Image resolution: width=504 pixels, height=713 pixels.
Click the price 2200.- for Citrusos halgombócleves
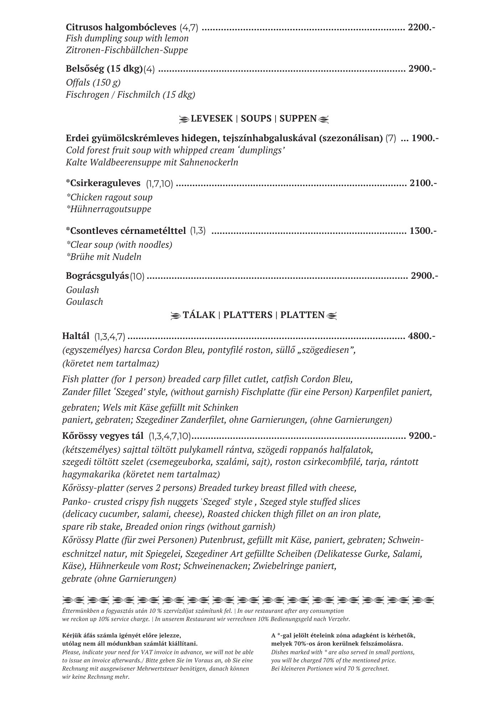point(422,27)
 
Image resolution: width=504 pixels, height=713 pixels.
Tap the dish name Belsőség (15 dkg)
point(104,68)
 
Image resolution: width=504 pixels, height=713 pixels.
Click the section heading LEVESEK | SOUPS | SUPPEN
point(253,118)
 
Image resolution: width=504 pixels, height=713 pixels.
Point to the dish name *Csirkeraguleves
point(103,183)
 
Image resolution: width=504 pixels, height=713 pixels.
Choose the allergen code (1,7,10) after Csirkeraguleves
point(159,184)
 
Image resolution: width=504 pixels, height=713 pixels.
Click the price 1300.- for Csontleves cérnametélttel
point(423,231)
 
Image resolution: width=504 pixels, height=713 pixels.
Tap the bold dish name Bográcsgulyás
point(97,276)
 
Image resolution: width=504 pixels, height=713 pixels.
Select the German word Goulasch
point(84,302)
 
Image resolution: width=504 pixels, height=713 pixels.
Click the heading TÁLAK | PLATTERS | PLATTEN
point(253,315)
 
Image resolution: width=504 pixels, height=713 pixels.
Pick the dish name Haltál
point(76,335)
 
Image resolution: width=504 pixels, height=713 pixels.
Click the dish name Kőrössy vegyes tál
point(103,436)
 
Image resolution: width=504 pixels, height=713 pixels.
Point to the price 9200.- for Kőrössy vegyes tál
point(422,436)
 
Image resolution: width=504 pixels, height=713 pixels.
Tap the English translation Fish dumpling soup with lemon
point(127,38)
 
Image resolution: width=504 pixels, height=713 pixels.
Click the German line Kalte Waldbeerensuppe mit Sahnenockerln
point(152,163)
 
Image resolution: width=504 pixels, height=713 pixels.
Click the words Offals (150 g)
point(93,83)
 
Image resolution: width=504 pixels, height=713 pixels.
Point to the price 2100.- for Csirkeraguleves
point(423,183)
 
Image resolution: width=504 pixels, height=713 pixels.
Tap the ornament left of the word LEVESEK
point(184,119)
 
